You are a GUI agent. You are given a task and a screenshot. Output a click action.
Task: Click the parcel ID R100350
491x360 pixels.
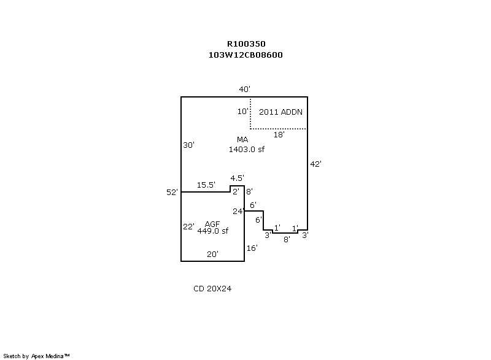point(245,44)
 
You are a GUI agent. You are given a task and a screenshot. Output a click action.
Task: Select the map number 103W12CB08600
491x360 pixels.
point(245,55)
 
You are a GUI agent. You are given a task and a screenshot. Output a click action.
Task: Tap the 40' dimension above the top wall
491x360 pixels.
point(244,90)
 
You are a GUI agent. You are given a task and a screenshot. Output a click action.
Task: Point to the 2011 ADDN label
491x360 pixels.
point(280,112)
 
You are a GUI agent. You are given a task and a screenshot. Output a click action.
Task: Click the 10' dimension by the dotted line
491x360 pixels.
point(242,112)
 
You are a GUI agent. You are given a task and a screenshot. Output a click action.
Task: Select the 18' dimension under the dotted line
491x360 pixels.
point(279,134)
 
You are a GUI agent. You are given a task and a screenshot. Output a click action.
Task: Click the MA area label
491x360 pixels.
point(242,140)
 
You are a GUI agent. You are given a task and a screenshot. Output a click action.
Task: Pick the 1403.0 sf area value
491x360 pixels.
point(245,149)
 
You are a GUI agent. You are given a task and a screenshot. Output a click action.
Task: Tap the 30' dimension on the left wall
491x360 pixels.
point(188,145)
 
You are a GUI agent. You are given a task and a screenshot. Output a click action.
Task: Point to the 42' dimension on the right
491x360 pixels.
point(316,164)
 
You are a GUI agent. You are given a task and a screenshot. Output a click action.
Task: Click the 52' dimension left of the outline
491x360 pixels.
point(172,193)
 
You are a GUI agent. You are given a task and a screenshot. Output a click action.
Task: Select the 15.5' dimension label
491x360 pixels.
point(206,185)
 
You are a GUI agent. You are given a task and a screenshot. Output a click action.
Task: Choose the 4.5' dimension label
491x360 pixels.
point(237,178)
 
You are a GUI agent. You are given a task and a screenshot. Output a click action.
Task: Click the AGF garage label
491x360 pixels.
point(213,223)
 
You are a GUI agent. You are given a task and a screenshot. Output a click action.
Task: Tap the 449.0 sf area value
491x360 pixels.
point(213,231)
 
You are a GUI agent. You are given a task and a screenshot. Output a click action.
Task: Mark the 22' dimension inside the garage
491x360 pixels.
point(188,226)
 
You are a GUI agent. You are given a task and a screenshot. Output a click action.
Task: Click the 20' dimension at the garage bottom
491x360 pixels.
point(212,254)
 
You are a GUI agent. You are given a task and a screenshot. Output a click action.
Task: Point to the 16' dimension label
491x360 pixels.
point(252,248)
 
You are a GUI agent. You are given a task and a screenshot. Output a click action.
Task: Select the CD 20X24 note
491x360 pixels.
point(212,288)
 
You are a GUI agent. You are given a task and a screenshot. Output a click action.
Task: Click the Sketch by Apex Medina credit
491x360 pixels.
point(37,356)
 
